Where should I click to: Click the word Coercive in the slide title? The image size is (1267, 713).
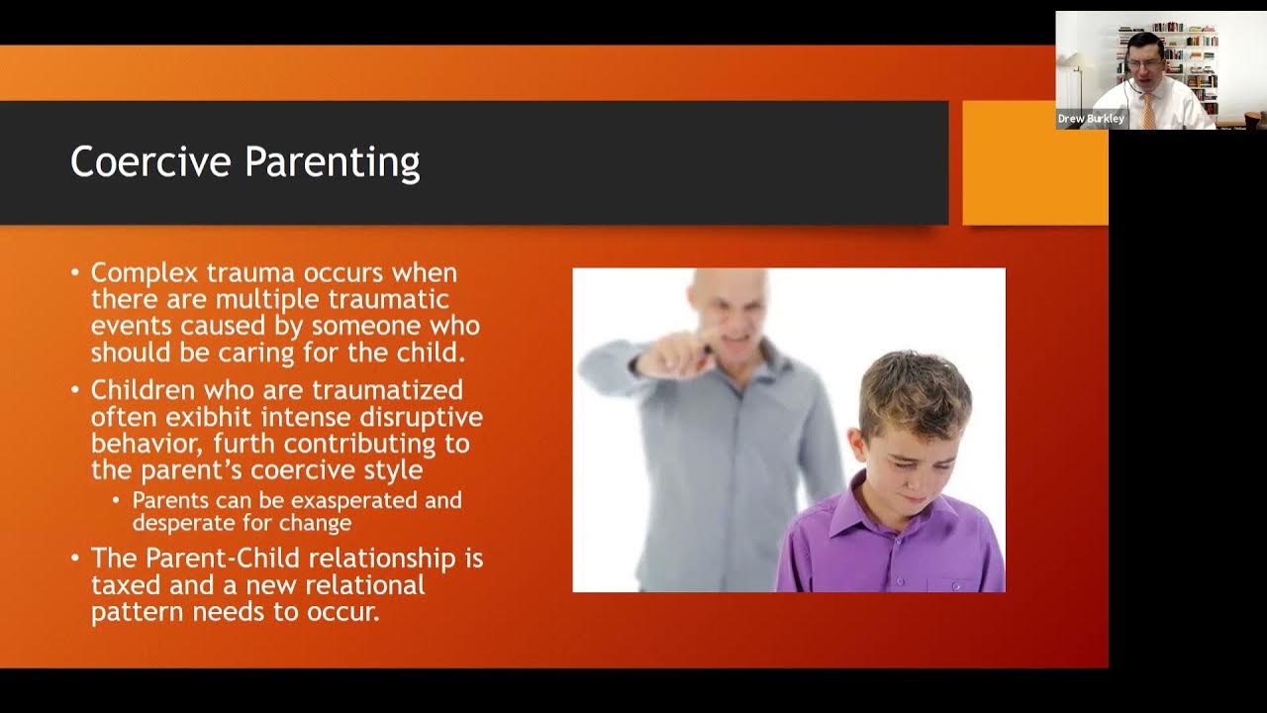[x=151, y=161]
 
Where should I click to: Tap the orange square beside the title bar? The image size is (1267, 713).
[x=1034, y=162]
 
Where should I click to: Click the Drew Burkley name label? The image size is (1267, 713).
[x=1091, y=119]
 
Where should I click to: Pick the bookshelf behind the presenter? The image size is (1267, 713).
[x=1188, y=59]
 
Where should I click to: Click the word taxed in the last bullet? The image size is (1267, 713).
[x=126, y=585]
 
